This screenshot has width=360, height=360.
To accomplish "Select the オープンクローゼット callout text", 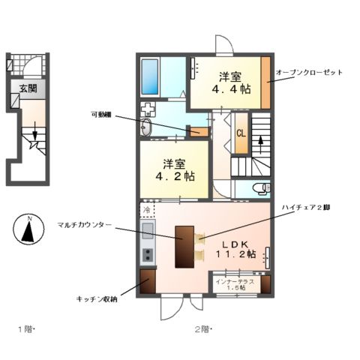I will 309,72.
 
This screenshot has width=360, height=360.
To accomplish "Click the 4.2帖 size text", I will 175,176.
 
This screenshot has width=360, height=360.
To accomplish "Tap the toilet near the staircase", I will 259,187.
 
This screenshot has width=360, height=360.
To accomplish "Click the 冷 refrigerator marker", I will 147,210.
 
